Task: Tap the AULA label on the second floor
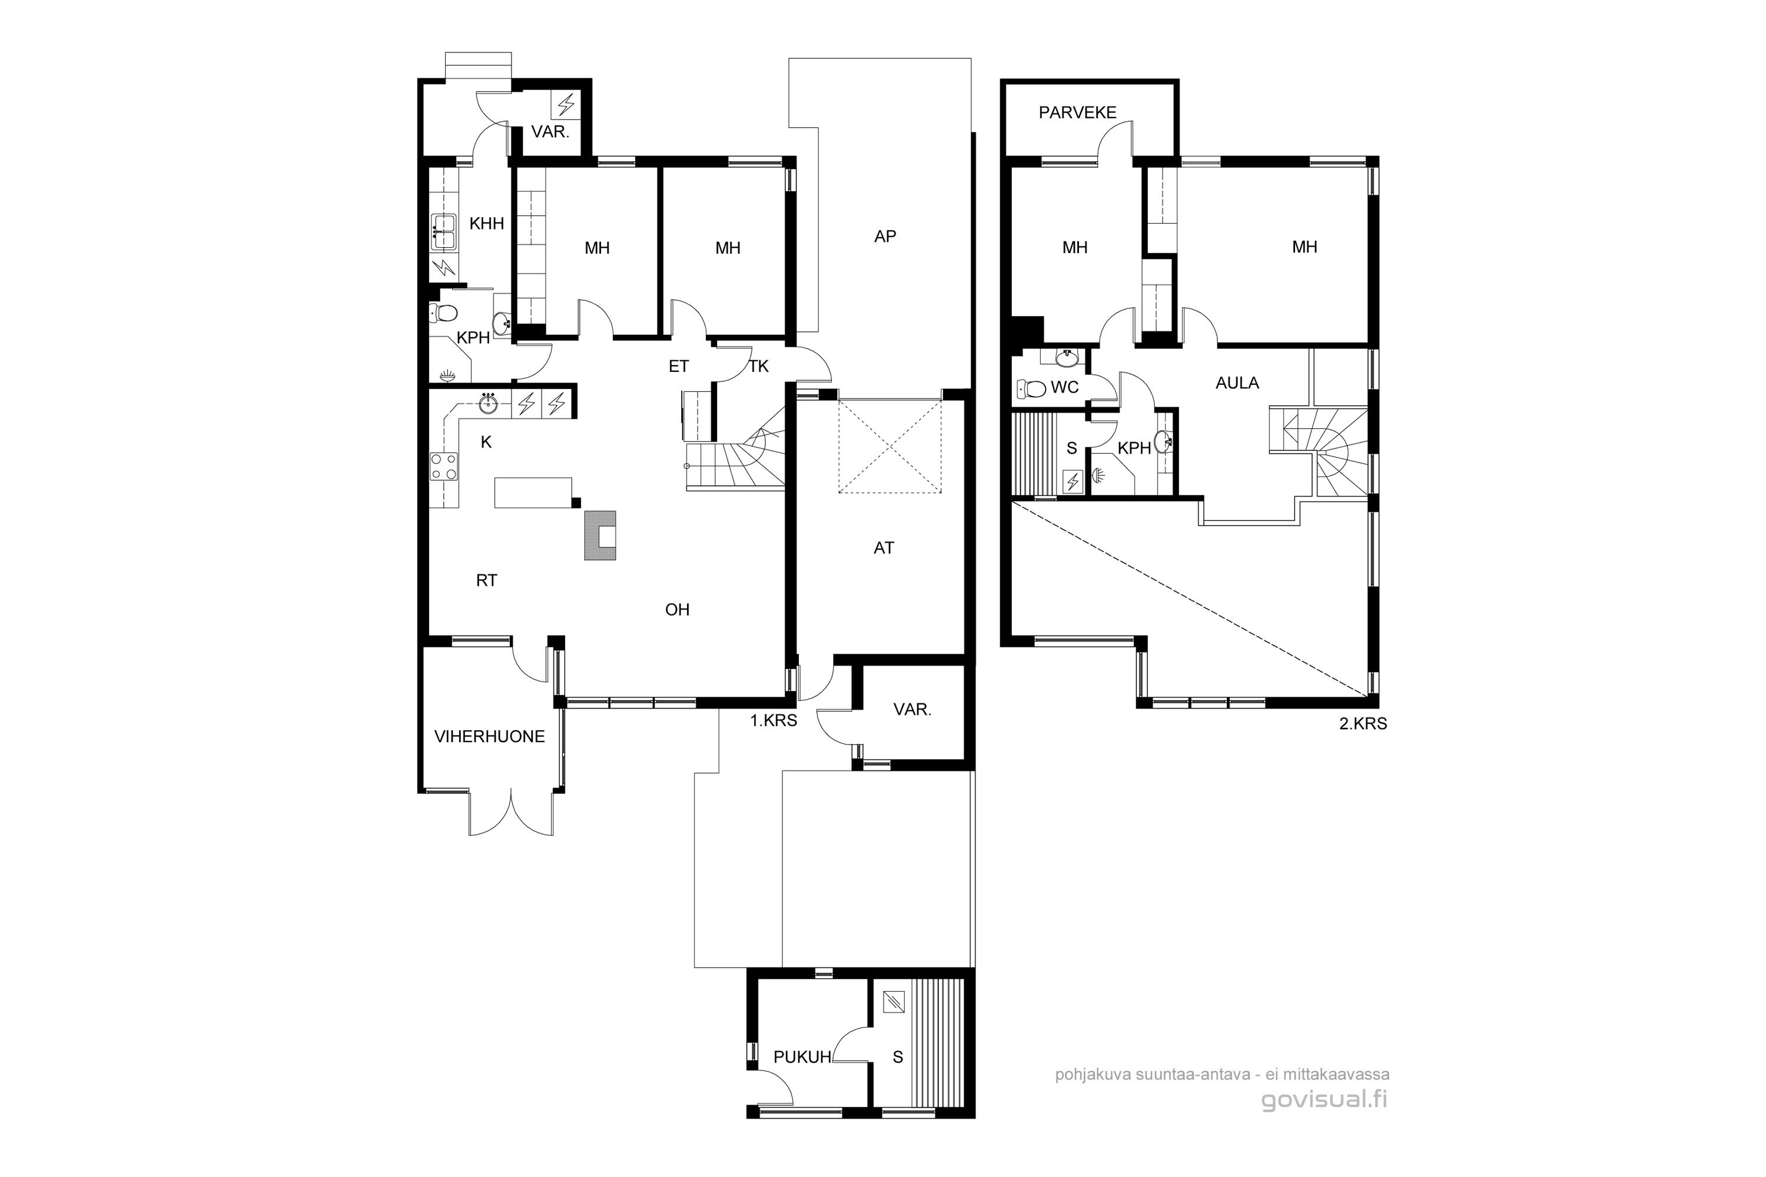(x=1237, y=383)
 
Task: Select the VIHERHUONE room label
(x=490, y=736)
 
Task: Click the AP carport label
(x=885, y=237)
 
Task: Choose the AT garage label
(x=884, y=548)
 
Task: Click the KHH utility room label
(x=487, y=223)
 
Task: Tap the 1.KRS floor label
(x=774, y=720)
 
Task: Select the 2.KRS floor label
(x=1363, y=724)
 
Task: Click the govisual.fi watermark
(x=1324, y=1100)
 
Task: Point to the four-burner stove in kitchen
(x=444, y=466)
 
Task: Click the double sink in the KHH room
(x=443, y=231)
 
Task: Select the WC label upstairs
(x=1065, y=387)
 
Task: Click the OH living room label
(x=678, y=610)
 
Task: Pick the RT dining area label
(x=487, y=580)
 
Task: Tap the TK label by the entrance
(x=759, y=366)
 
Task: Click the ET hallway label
(x=679, y=366)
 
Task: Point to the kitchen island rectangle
(x=533, y=493)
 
